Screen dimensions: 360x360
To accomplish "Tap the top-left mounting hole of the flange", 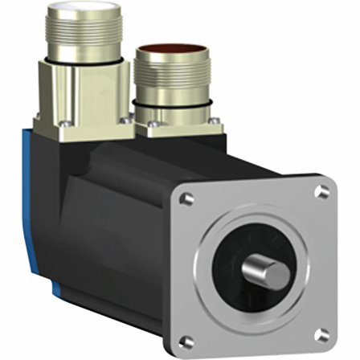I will pyautogui.click(x=186, y=196).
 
